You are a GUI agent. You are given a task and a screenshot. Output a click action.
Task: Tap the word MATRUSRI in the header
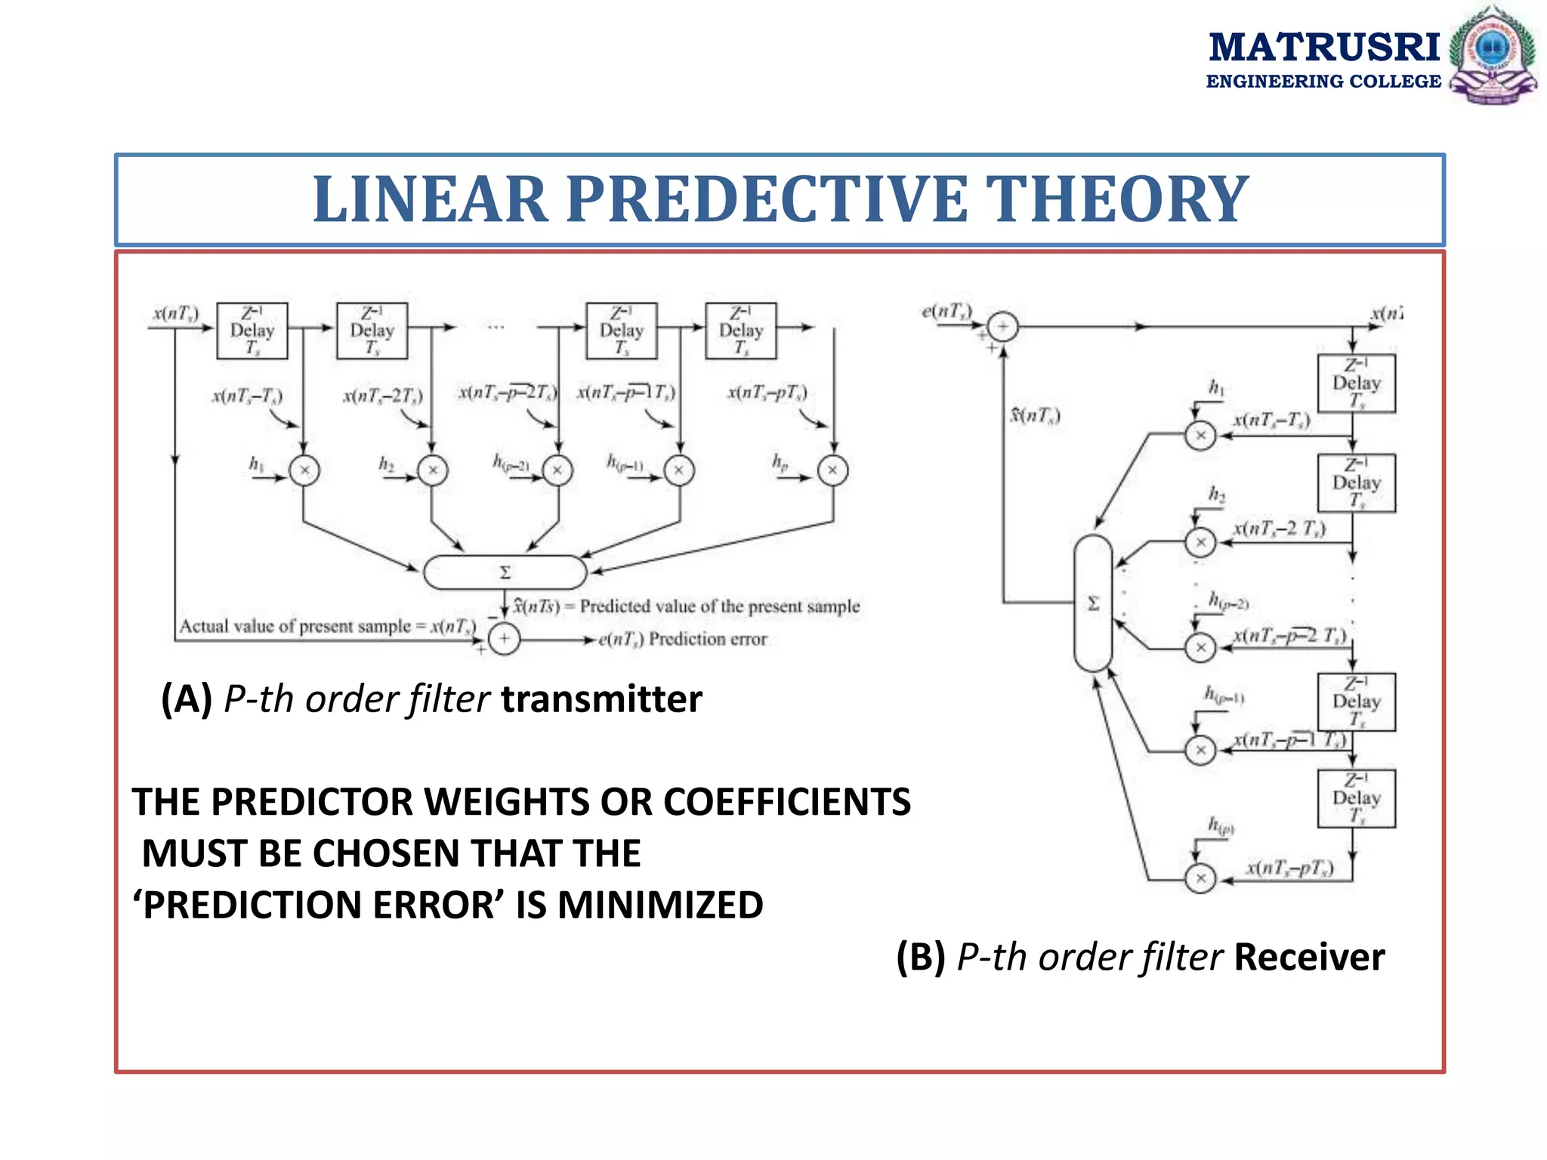1324,47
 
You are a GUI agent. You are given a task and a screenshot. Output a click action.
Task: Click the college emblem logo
1493,54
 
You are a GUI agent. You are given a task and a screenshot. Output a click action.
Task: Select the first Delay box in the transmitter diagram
252,331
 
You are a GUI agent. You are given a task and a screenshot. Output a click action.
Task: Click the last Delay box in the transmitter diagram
740,331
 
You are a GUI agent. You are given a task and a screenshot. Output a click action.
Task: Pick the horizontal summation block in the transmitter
505,572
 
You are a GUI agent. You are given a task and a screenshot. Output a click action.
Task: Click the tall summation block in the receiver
1092,603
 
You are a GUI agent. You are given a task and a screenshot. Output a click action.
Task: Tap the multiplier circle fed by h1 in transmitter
304,470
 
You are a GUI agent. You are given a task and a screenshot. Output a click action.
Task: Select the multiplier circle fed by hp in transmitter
832,470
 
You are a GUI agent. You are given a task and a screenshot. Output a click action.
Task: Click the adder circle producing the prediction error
504,640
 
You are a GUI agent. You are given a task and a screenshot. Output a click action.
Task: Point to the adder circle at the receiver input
1003,327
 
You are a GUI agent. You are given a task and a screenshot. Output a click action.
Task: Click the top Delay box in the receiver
1356,383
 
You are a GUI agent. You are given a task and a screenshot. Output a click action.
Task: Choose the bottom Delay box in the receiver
1356,798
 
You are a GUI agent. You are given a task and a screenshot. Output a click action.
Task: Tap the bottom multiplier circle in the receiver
1200,878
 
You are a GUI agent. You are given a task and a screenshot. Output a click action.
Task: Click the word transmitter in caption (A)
601,699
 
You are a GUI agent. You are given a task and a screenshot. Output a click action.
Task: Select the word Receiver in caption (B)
1309,957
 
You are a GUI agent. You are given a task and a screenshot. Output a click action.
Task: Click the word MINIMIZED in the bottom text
660,905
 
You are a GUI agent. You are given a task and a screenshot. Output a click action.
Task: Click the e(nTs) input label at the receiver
946,311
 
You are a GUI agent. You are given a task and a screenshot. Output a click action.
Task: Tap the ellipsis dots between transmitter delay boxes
496,328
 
